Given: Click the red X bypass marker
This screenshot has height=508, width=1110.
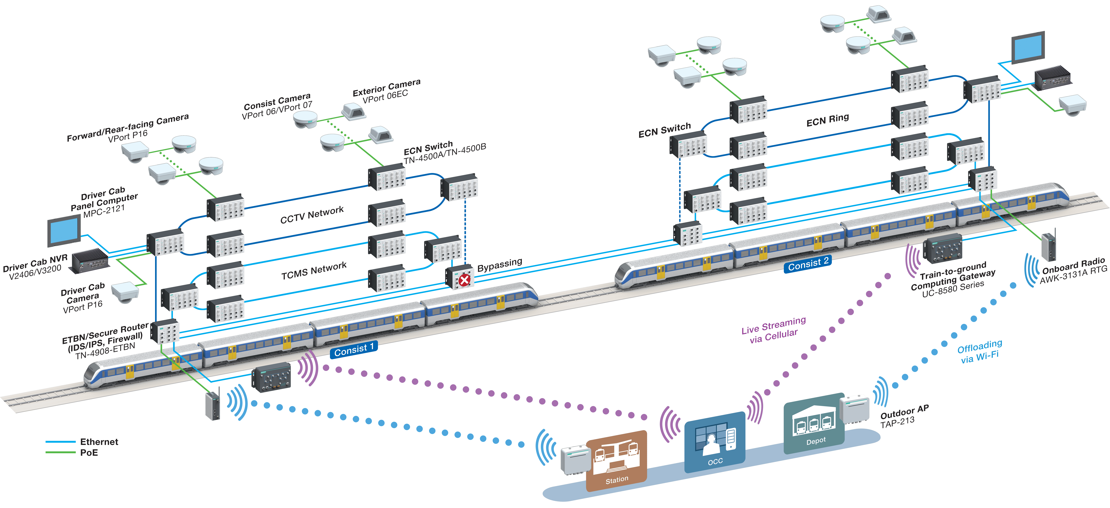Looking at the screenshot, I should (464, 281).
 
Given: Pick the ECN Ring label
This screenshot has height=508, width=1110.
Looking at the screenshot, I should (827, 120).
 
